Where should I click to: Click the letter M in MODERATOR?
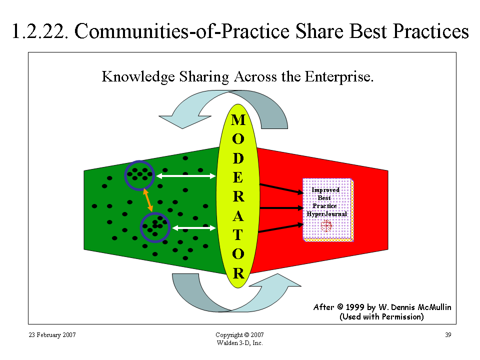click(238, 120)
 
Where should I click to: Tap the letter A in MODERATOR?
click(238, 216)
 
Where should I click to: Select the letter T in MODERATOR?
click(238, 235)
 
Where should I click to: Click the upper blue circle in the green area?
click(139, 161)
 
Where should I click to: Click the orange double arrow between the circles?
click(148, 200)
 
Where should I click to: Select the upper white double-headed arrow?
click(186, 176)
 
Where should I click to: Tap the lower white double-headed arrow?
click(194, 228)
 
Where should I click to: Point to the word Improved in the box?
click(325, 190)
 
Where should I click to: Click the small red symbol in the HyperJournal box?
click(326, 226)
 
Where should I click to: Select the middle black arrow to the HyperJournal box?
click(281, 208)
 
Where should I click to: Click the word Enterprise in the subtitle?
click(339, 77)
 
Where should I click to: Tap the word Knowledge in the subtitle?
click(138, 77)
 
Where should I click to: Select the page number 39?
click(448, 335)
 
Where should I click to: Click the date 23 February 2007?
click(52, 335)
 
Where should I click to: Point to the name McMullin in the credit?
click(434, 307)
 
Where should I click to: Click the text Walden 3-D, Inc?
click(239, 343)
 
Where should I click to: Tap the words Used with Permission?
click(381, 316)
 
